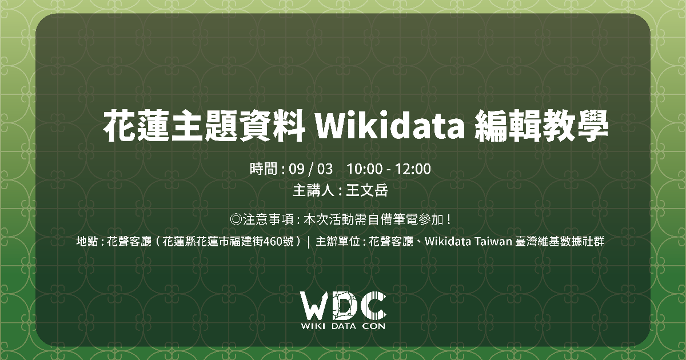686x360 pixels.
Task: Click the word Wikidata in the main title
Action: click(390, 126)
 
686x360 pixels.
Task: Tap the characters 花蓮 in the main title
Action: click(135, 126)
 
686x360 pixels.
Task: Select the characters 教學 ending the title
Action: click(575, 126)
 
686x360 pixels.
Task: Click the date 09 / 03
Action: click(310, 169)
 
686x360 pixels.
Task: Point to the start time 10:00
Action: click(365, 169)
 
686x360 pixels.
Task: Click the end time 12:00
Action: click(413, 169)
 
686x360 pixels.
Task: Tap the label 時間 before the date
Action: click(264, 169)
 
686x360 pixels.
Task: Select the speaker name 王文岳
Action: click(367, 190)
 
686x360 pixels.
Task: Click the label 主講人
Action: click(313, 190)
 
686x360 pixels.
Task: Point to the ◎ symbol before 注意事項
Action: click(236, 219)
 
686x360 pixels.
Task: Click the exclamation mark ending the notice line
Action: click(449, 219)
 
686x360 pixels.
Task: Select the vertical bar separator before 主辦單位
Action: click(308, 242)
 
